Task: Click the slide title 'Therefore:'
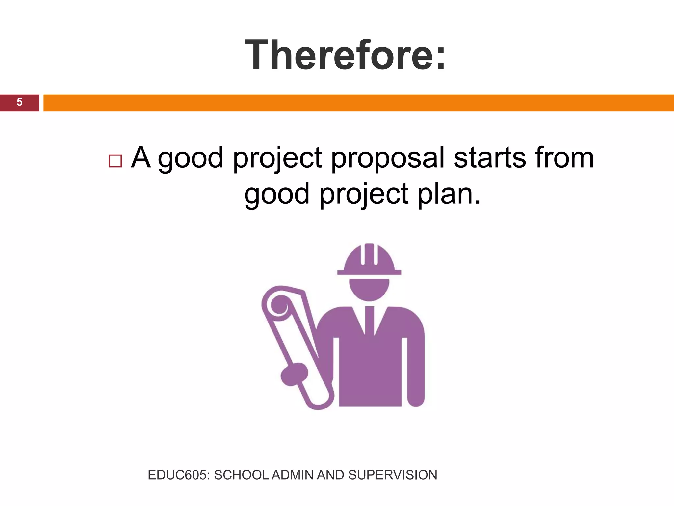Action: coord(345,55)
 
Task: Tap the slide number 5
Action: coord(19,102)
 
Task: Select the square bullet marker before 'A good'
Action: coord(115,161)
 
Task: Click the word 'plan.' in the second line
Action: coord(449,194)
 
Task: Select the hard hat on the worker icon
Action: coord(369,260)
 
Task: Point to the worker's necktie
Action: coord(369,321)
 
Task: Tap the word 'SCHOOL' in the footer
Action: coord(241,475)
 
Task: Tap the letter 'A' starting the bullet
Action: coord(141,157)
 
